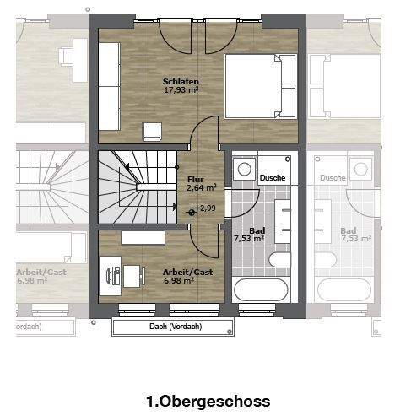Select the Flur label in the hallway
click(x=196, y=179)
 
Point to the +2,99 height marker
click(x=205, y=208)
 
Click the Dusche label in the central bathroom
click(x=273, y=178)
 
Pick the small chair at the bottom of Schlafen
click(x=153, y=130)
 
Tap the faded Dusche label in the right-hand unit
click(x=333, y=178)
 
